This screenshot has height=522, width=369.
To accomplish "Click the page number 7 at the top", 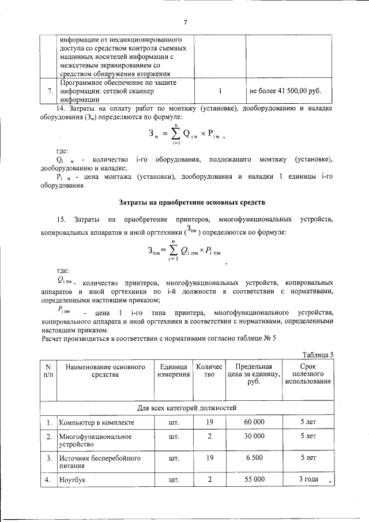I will (185, 22).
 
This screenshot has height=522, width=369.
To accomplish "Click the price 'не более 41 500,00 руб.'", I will (285, 91).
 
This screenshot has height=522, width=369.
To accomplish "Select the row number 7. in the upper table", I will (50, 91).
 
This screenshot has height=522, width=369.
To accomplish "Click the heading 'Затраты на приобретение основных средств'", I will (184, 203).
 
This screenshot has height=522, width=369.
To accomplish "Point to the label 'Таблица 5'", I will (318, 354).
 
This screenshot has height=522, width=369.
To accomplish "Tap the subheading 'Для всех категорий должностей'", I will (187, 408).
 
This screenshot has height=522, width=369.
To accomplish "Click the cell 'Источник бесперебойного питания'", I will (96, 462).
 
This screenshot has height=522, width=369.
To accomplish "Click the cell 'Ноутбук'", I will (72, 480).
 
